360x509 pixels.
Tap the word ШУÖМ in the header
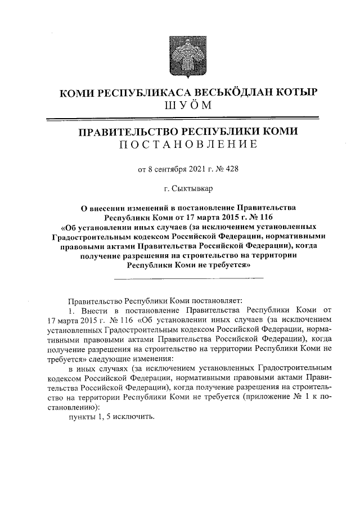point(181,106)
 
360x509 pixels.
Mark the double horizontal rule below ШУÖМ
point(180,118)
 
